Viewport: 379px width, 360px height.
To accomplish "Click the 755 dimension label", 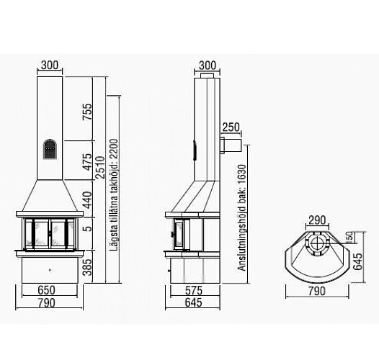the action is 87,112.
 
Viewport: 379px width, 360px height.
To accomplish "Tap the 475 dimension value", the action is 87,161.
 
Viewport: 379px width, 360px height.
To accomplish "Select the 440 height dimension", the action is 87,200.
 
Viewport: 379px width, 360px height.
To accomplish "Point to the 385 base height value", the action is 87,267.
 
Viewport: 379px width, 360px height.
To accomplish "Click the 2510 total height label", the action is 101,168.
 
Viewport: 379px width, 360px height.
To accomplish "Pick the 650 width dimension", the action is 46,290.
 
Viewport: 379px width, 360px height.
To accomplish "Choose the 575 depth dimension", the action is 193,290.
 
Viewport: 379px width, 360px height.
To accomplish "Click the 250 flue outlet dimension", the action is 231,127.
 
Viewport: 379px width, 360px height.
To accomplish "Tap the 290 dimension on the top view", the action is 317,220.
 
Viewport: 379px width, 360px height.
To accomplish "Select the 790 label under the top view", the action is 317,291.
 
